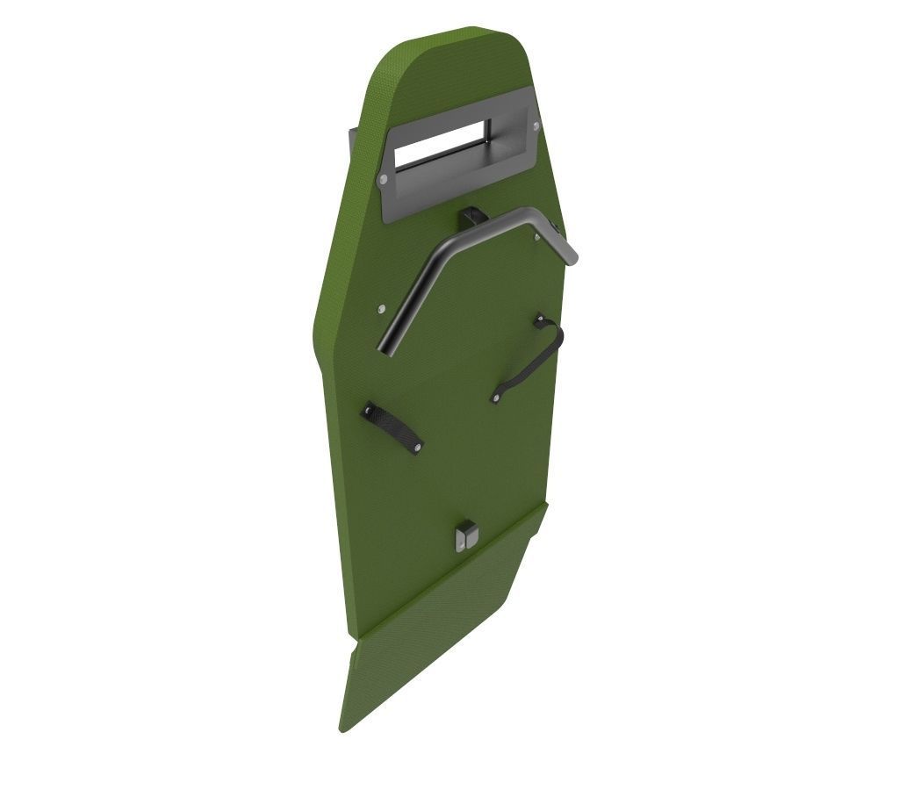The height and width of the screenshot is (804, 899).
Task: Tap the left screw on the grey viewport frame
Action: point(383,179)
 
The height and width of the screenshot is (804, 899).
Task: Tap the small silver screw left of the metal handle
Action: point(380,309)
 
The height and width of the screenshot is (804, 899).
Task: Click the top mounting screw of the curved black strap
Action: point(539,321)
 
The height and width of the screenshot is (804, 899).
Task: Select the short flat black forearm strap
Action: point(393,427)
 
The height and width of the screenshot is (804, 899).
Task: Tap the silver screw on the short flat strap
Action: point(416,449)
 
